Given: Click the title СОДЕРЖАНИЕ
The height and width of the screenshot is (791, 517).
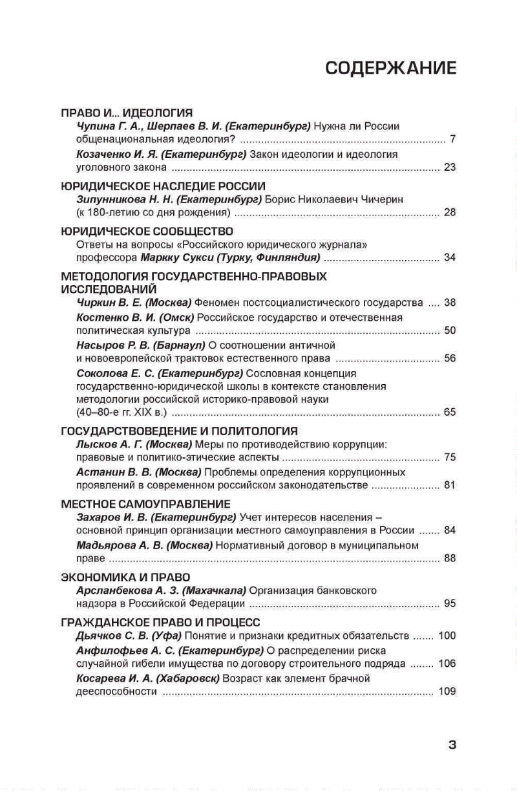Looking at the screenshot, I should [390, 69].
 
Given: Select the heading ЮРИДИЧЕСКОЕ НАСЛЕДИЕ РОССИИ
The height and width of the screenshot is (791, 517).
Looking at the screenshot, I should [163, 186].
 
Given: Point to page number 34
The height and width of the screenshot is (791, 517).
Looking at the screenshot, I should [450, 257].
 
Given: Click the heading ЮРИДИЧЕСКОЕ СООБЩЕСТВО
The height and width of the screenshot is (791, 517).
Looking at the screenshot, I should [147, 231].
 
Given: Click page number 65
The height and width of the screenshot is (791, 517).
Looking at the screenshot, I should [450, 412].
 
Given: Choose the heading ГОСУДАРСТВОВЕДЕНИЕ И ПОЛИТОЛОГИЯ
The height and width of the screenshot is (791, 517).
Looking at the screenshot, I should [179, 431].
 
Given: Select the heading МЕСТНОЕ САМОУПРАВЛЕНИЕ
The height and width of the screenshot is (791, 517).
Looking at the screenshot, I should [145, 504].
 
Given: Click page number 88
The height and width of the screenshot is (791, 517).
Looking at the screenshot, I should [450, 558].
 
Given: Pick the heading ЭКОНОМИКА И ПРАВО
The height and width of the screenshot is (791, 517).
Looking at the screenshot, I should [125, 577].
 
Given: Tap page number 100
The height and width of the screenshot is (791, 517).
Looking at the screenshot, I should [447, 635].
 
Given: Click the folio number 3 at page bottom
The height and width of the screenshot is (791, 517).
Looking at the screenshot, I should [452, 744].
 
